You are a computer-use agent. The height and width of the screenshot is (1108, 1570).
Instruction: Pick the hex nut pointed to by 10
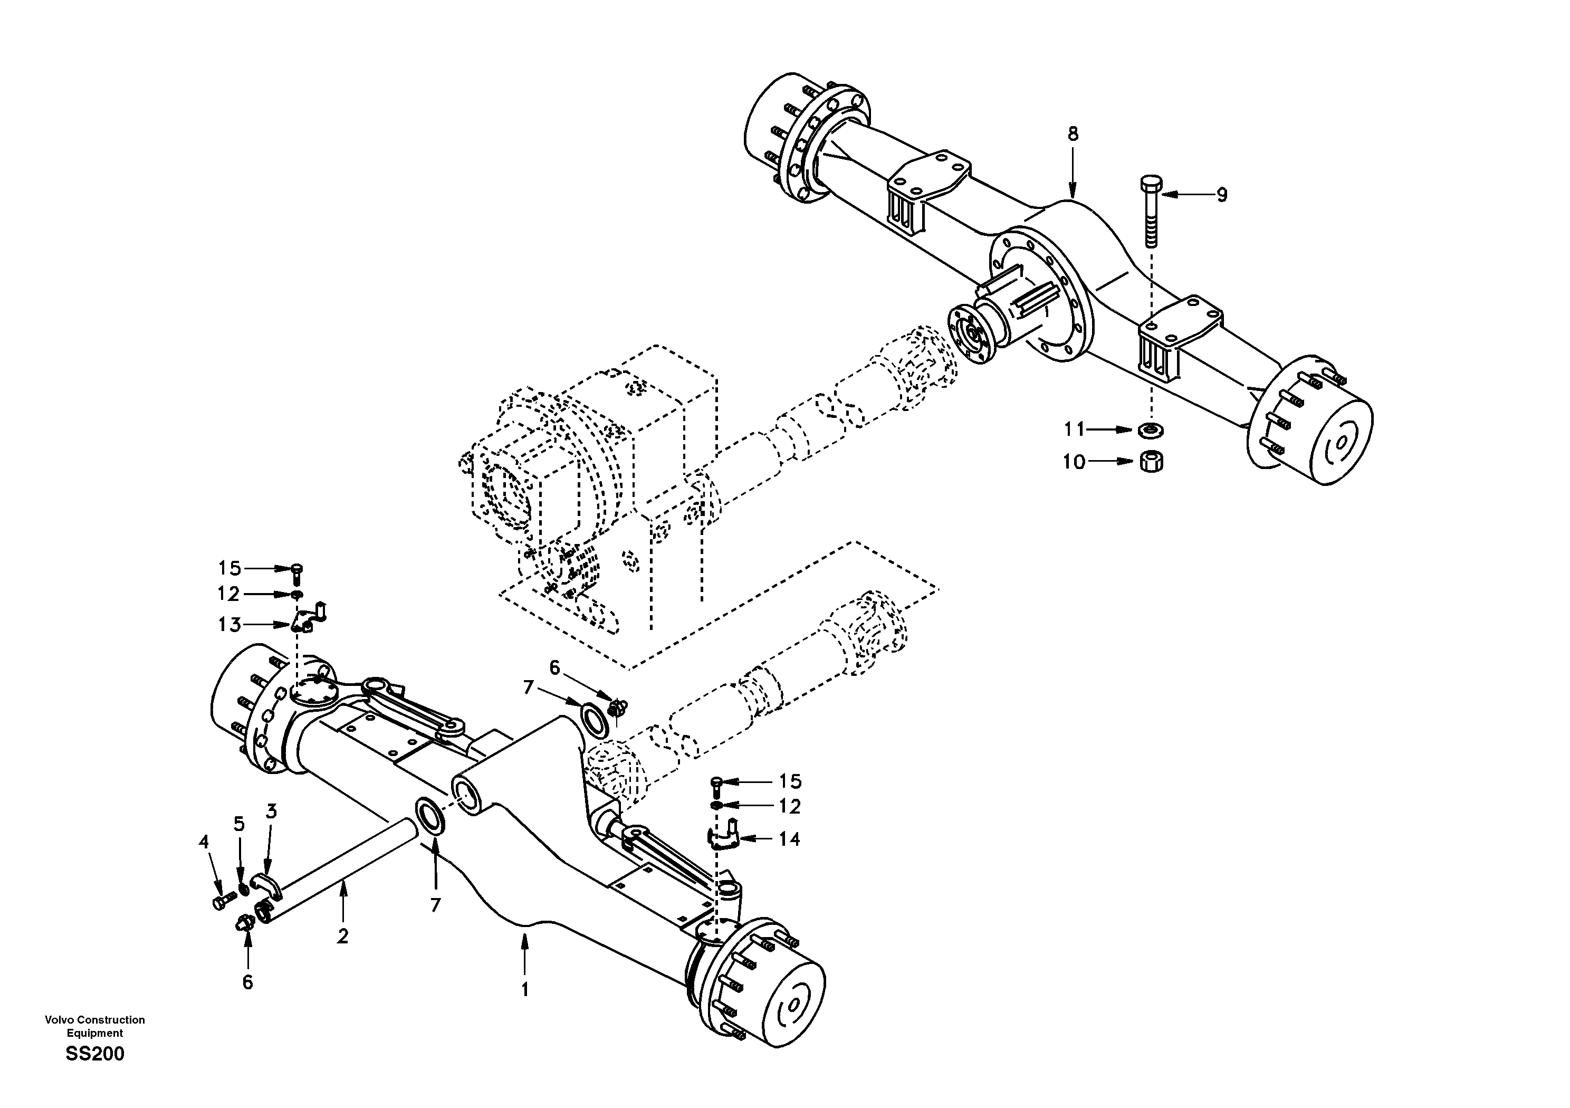pos(1152,461)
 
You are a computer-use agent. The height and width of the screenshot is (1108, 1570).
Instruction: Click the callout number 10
pos(1074,462)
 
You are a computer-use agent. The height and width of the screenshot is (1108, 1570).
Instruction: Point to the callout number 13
pos(230,625)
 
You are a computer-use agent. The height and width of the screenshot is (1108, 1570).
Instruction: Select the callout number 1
pos(524,990)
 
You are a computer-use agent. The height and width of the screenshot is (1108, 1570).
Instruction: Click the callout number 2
pos(342,935)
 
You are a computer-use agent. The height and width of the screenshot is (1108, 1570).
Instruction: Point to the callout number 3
pos(272,812)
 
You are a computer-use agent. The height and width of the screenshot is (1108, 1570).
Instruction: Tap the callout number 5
pos(238,824)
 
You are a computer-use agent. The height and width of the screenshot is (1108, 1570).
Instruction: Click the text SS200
pos(95,1054)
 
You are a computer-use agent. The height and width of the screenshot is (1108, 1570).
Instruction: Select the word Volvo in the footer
pos(60,1020)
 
